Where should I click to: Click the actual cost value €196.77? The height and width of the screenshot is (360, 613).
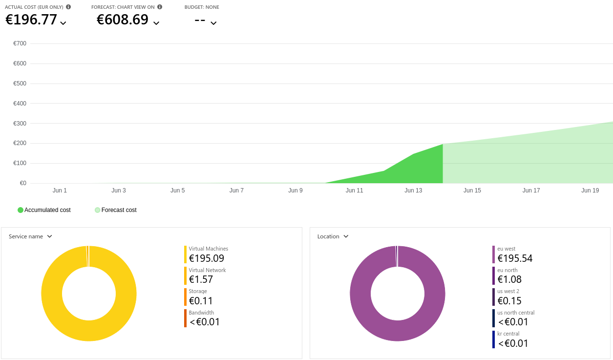(x=31, y=20)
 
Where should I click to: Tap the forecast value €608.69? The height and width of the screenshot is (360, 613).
(x=123, y=20)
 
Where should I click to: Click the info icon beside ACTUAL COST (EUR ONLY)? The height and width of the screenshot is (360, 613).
(x=68, y=7)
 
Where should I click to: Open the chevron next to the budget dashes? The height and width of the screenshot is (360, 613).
(x=213, y=22)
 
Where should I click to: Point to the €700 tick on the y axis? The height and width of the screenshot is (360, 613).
(x=20, y=43)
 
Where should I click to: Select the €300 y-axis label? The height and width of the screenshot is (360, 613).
(x=20, y=124)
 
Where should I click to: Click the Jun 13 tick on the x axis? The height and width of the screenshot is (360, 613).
(x=413, y=191)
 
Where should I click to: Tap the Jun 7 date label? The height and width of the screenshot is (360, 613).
(x=236, y=191)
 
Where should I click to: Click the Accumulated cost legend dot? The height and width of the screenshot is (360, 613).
(x=21, y=210)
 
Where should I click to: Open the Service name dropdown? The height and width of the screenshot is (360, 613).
(x=31, y=236)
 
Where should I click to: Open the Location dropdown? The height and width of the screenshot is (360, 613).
(x=333, y=236)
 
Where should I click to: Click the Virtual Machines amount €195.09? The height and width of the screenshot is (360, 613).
(x=207, y=258)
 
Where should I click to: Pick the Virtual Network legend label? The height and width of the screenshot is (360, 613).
(x=207, y=270)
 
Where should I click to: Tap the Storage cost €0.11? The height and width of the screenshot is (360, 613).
(x=201, y=301)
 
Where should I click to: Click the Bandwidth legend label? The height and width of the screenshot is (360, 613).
(x=201, y=313)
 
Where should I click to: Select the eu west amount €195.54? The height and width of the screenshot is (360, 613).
(x=515, y=258)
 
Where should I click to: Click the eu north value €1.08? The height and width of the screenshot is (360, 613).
(x=509, y=279)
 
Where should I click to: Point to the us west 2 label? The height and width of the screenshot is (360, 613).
(x=508, y=291)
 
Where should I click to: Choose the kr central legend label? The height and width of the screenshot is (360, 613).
(x=508, y=334)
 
